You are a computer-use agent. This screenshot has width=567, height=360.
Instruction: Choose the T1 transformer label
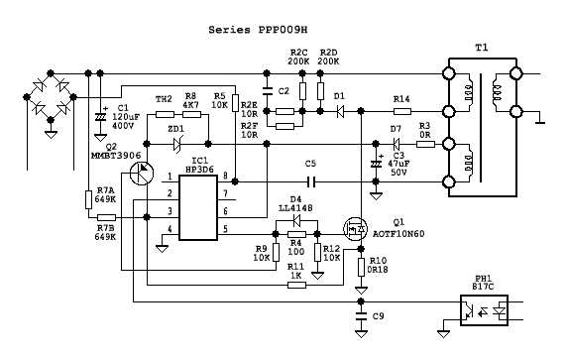coord(482,48)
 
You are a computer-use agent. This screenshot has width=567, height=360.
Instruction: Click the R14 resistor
coord(401,113)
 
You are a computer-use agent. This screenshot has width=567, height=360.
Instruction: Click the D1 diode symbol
coord(338,113)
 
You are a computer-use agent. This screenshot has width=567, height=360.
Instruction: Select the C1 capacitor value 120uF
coord(125,116)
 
